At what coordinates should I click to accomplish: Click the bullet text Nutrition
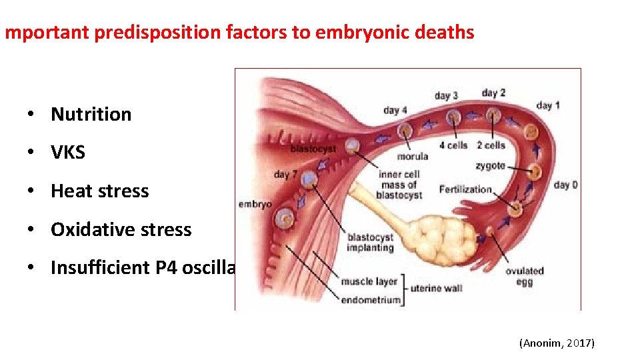point(91,114)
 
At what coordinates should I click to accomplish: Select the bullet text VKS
point(68,153)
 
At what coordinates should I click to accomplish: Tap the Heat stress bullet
point(100,191)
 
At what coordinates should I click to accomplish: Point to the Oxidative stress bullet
point(121,230)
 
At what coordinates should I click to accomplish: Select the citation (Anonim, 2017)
point(557,343)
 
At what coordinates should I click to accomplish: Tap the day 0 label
point(565,185)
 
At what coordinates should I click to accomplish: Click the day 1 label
point(548,105)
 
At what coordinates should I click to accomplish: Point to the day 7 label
point(285,175)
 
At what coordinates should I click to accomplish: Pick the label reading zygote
point(490,165)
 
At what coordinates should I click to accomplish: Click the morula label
point(412,157)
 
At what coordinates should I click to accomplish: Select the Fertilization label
point(465,189)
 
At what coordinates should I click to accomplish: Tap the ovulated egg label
point(525,275)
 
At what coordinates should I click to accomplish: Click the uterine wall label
point(436,288)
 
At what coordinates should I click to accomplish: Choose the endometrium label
point(371,299)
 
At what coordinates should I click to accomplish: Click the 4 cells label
point(453,145)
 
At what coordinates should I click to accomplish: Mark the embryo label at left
point(255,204)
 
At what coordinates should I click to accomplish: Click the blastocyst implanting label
point(370,242)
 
